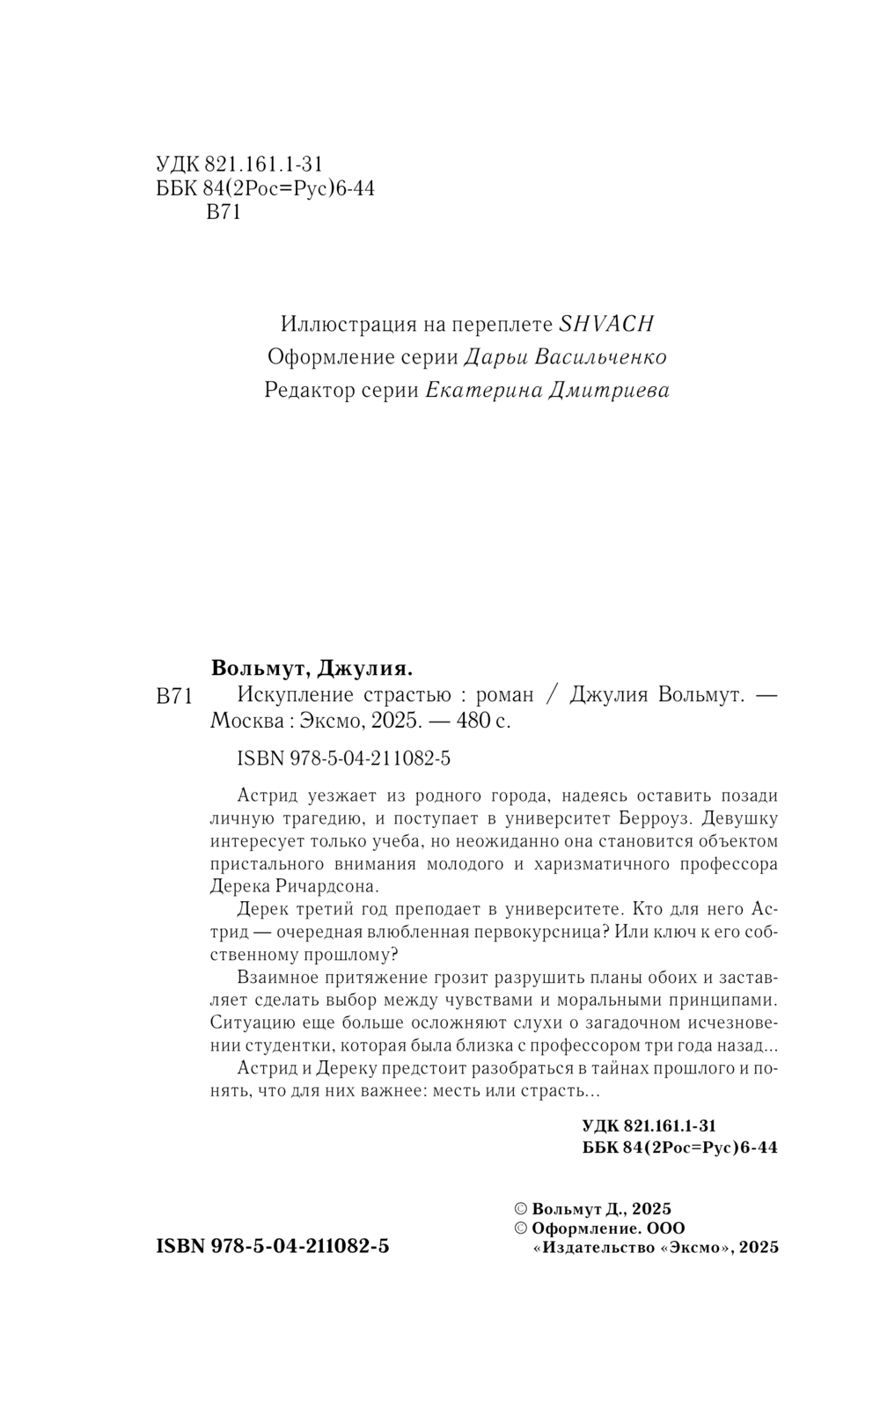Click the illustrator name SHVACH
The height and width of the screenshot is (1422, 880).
606,324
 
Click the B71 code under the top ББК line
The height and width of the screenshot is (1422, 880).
223,213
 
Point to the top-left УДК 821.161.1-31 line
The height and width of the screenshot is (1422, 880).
239,164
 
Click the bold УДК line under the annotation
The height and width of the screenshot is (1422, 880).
649,1125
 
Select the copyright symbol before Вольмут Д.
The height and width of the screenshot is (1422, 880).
520,1209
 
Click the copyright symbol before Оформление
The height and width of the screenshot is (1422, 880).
520,1228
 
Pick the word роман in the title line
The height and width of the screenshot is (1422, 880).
504,695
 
